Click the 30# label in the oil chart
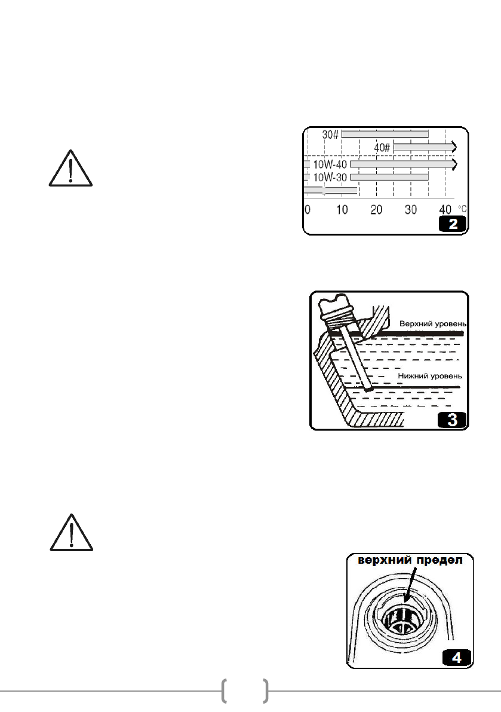[x=330, y=135]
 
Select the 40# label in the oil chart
[x=382, y=147]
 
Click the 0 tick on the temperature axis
[x=307, y=209]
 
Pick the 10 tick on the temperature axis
[x=342, y=209]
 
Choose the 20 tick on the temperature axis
[x=376, y=209]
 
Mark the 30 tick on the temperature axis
[x=411, y=209]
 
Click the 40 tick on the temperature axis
[x=445, y=209]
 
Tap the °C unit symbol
[x=462, y=208]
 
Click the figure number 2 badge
[x=453, y=225]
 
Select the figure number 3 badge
[x=453, y=420]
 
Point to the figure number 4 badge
[x=456, y=658]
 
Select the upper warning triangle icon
[x=70, y=168]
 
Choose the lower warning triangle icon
[x=70, y=532]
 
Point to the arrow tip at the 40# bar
[x=457, y=147]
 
